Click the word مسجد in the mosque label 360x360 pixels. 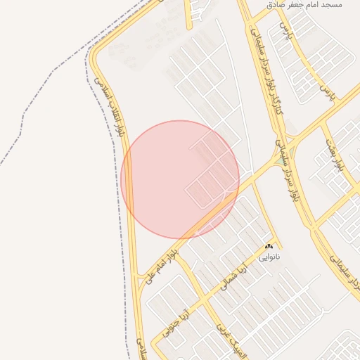click(x=331, y=5)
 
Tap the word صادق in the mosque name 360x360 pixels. click(x=277, y=5)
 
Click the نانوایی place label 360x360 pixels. click(x=269, y=257)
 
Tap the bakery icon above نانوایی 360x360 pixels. click(x=269, y=247)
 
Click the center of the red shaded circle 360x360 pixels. click(x=180, y=179)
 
